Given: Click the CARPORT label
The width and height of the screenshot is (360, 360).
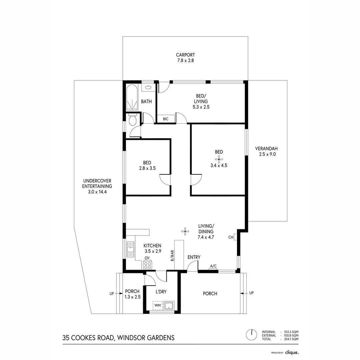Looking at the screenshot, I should (185, 55).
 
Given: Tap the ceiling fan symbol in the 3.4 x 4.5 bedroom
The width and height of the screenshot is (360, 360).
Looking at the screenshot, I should (219, 159).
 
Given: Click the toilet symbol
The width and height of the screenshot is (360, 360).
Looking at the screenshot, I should (132, 119).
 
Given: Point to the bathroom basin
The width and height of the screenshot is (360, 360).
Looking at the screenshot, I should (148, 88).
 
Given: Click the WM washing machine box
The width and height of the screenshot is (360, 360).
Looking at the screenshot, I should (158, 305).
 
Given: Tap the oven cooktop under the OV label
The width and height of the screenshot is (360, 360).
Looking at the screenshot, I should (147, 265).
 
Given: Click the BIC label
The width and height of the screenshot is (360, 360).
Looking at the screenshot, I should (166, 119).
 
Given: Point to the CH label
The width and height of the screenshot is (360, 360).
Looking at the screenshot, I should (231, 237).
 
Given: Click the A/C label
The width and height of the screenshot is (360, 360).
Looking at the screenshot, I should (213, 266).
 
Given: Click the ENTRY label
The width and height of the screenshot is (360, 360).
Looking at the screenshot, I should (194, 257).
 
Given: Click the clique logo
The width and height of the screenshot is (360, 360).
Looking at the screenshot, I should (292, 352).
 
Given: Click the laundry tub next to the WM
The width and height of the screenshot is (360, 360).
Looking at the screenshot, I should (169, 305).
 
